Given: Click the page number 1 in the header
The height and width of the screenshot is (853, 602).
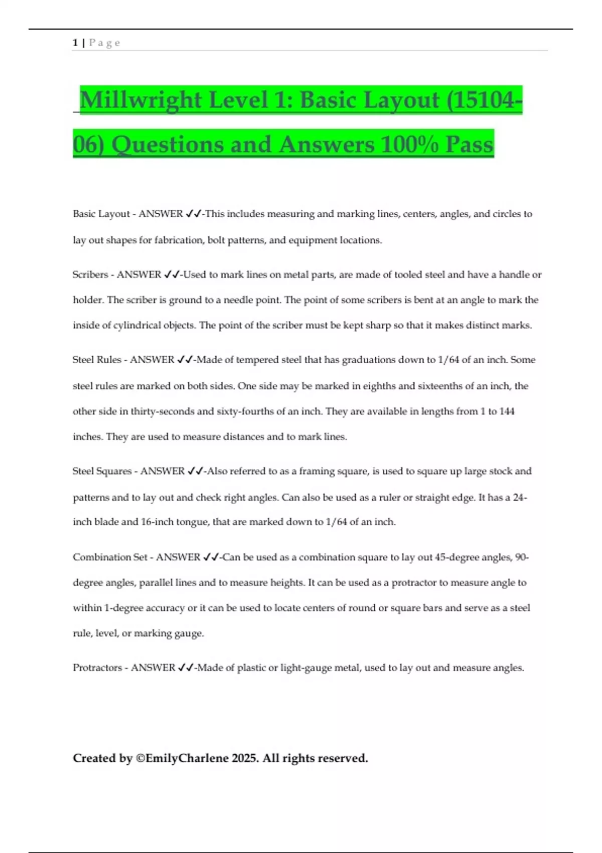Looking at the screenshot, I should pos(75,43).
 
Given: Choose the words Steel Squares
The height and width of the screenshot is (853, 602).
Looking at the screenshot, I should pos(103,471).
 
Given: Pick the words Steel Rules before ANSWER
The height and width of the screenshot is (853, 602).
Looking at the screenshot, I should pos(97,360).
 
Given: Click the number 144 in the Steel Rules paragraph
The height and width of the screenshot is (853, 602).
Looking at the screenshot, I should pos(507,411).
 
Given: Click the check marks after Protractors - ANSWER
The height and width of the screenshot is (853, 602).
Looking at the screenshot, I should pos(186,668).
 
